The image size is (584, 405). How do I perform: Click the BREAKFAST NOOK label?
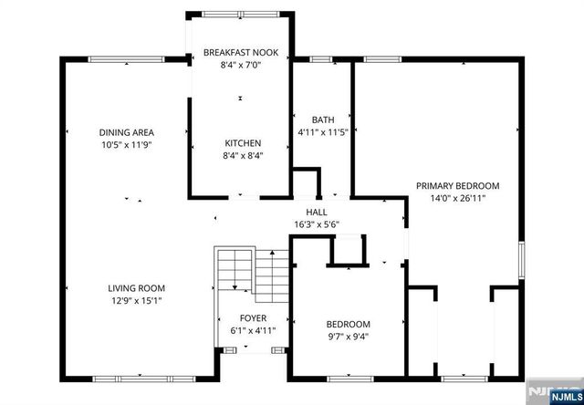coord(240,51)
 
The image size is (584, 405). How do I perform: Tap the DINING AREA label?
coord(127,132)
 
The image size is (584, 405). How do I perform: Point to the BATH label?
coord(323,119)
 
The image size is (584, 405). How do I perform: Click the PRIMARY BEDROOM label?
coord(458,186)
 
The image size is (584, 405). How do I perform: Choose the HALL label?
coord(317,212)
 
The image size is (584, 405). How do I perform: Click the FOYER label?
coord(247,318)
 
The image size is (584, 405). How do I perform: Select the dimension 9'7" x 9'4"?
coord(349,336)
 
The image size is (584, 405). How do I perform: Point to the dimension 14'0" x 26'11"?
coord(458,198)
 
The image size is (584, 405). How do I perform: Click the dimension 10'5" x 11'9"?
coord(127,144)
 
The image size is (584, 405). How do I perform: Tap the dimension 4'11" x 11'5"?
coord(323,132)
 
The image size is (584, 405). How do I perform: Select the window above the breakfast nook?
coord(240,13)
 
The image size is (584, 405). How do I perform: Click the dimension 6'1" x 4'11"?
coord(247,330)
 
